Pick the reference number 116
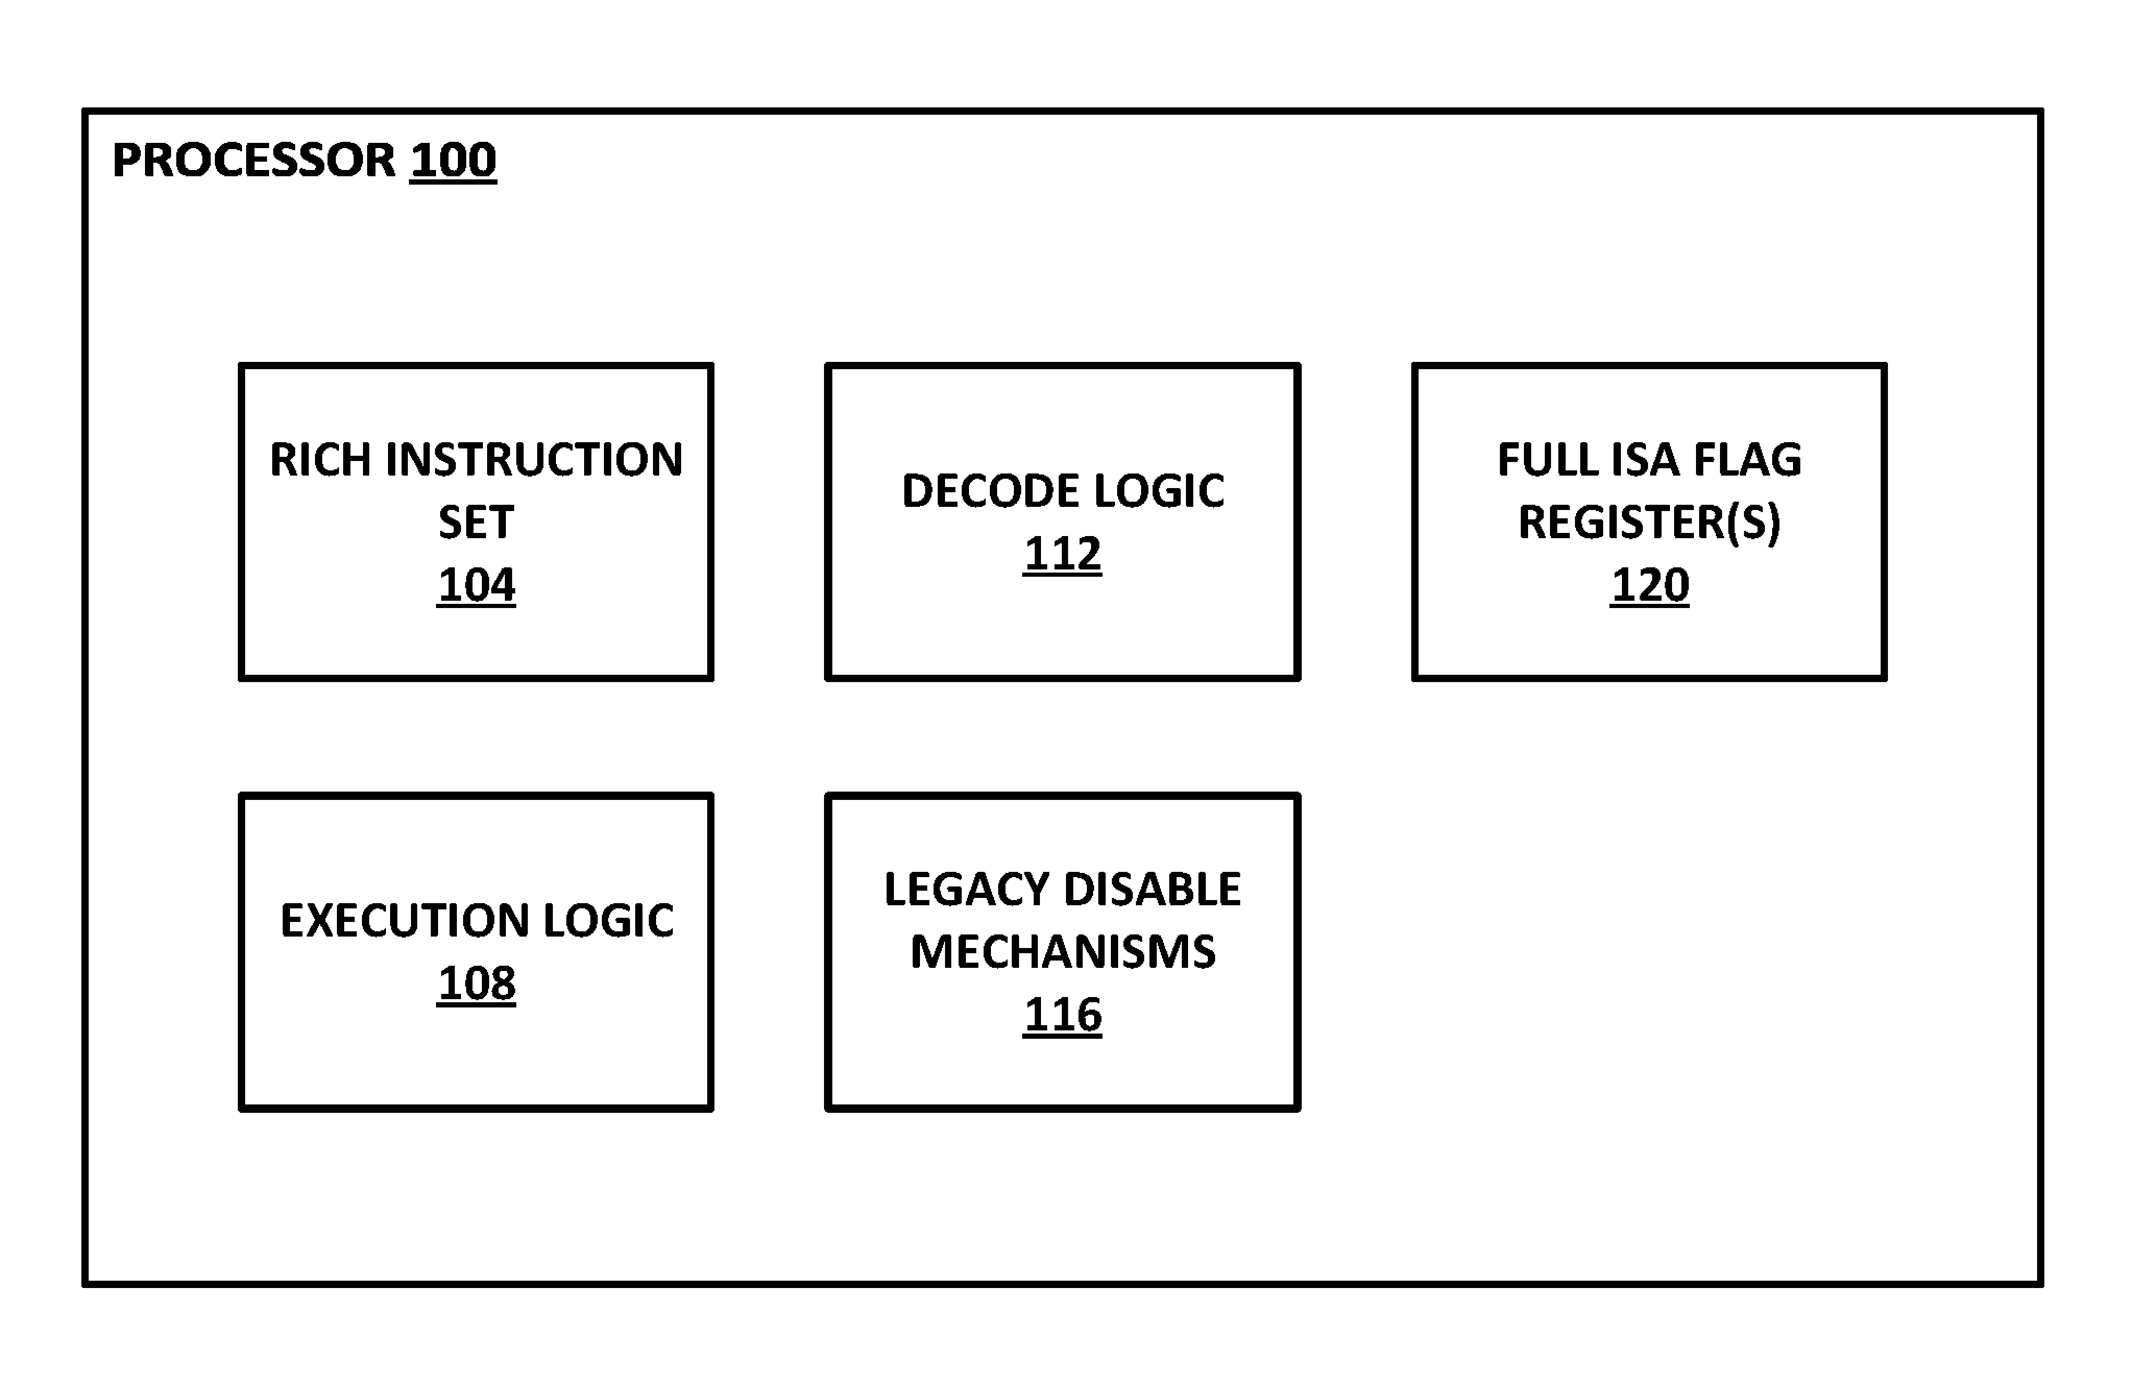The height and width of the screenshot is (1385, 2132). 1062,1014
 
